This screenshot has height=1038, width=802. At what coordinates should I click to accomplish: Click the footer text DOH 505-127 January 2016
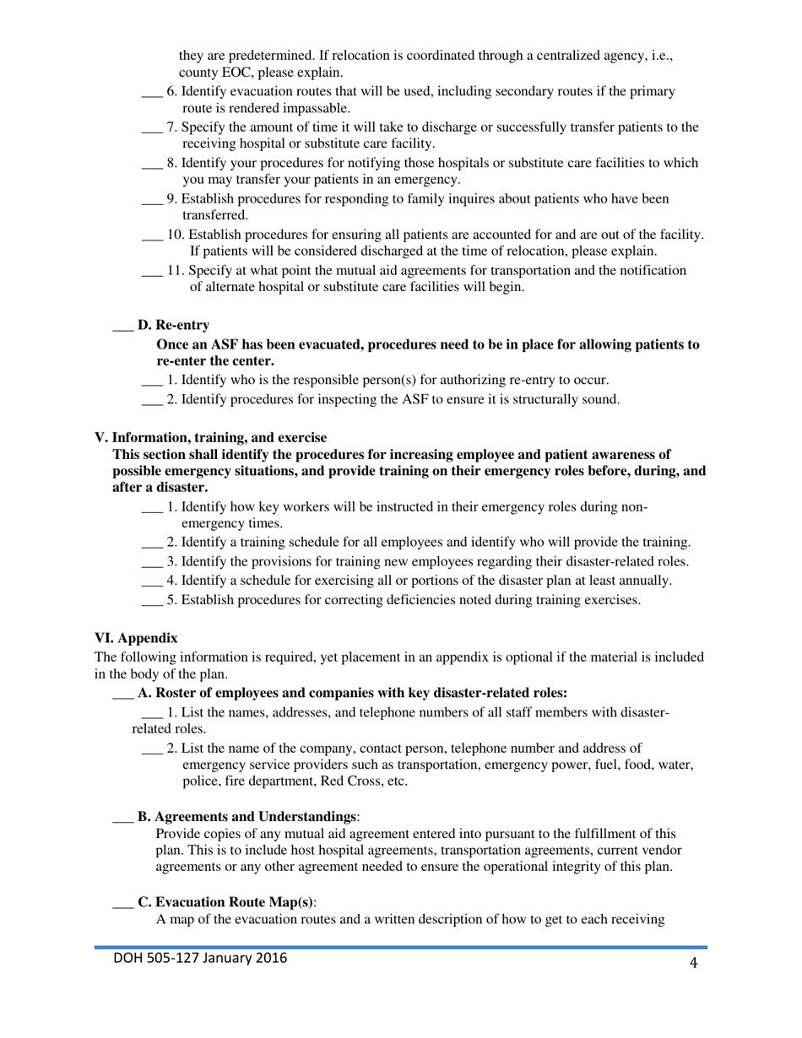point(200,959)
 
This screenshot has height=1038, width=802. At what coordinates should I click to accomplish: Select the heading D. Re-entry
point(173,325)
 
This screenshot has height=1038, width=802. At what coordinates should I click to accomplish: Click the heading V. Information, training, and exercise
point(210,437)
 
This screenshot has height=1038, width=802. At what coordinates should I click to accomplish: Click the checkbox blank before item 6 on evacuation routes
point(151,92)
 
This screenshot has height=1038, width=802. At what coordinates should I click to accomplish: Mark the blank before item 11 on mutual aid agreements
point(151,271)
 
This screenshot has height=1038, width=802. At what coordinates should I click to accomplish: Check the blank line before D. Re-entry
point(122,326)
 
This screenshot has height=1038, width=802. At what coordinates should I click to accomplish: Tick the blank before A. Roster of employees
point(122,694)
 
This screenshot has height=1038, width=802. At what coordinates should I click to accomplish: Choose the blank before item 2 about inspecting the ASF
point(151,399)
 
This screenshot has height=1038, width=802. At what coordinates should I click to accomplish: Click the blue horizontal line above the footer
point(401,947)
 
